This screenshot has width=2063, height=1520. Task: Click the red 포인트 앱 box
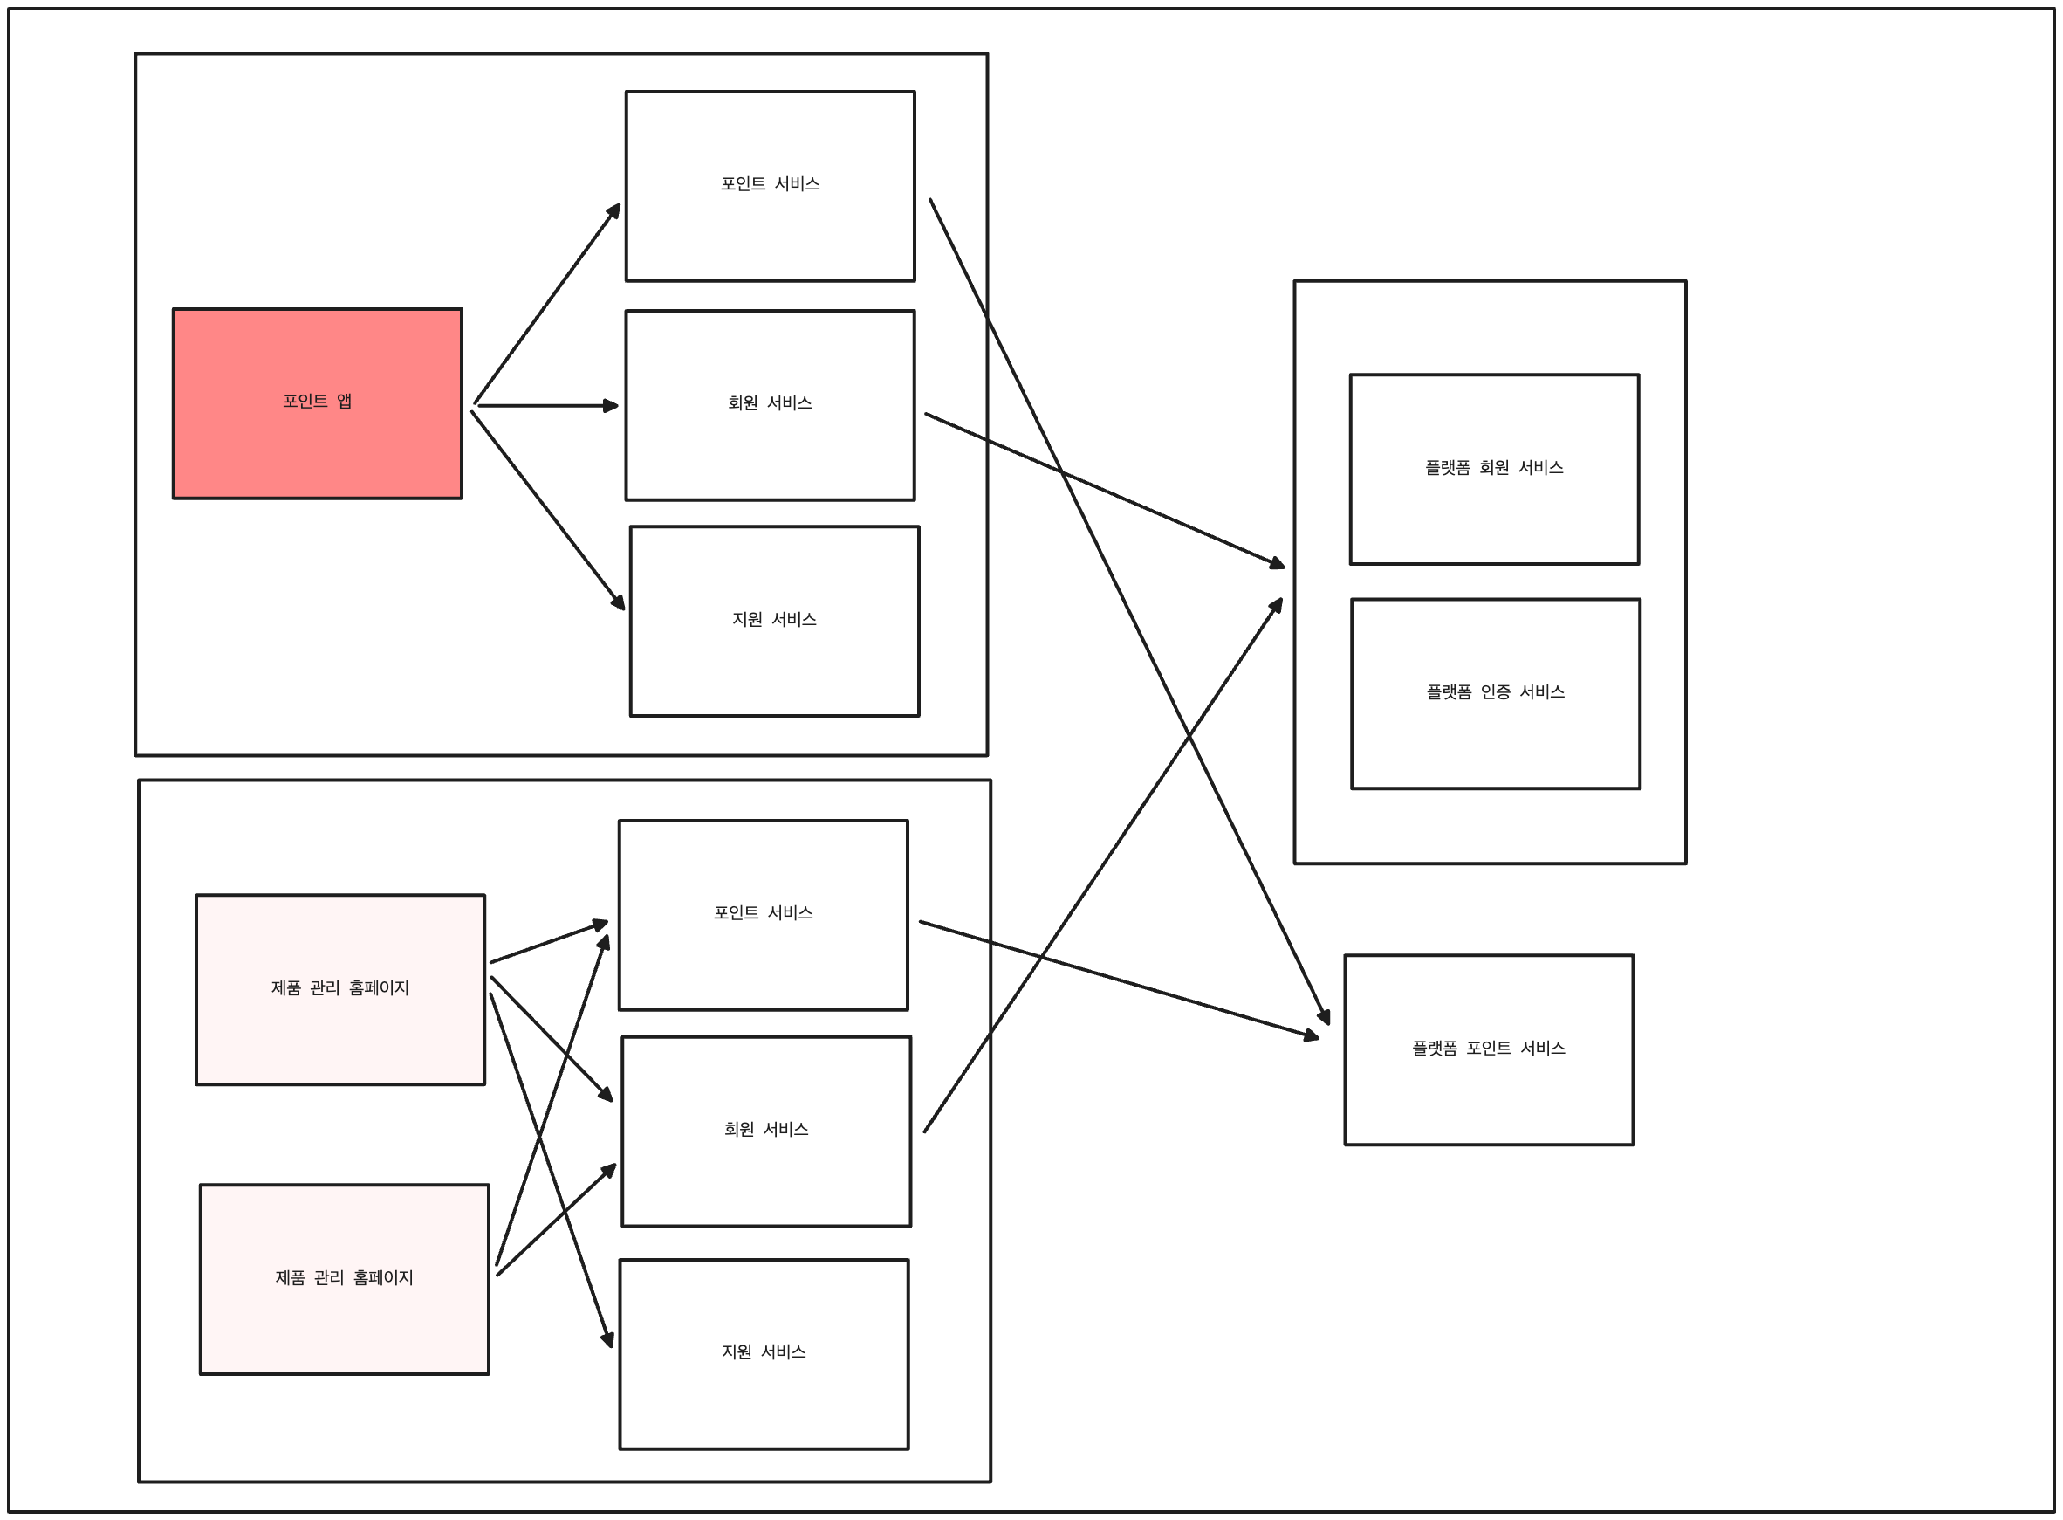[318, 404]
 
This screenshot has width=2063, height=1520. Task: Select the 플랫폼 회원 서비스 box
[1494, 469]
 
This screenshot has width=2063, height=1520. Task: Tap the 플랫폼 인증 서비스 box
[1496, 694]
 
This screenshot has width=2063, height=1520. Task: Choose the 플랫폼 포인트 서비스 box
[1489, 1049]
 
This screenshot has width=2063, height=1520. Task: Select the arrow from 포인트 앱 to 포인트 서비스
[547, 304]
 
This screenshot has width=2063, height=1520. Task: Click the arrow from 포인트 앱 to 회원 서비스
[548, 405]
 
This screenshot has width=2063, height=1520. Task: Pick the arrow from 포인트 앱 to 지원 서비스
[548, 511]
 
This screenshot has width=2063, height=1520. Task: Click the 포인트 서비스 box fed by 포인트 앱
[770, 186]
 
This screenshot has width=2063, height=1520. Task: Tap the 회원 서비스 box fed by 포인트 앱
[770, 406]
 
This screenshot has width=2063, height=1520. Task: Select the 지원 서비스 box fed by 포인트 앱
[774, 621]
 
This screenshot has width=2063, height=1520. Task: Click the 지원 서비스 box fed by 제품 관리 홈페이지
[764, 1354]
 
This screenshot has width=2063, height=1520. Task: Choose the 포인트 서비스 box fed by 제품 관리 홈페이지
[764, 916]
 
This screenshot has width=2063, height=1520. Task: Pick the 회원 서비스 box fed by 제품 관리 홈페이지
[766, 1131]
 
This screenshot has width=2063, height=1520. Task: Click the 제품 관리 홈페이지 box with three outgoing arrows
[340, 990]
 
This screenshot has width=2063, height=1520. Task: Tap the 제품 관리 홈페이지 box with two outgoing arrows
[344, 1280]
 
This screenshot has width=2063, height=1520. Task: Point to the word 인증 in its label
[1495, 692]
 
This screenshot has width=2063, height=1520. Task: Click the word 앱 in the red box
[344, 401]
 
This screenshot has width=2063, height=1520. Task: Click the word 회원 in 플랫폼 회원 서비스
[1493, 467]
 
